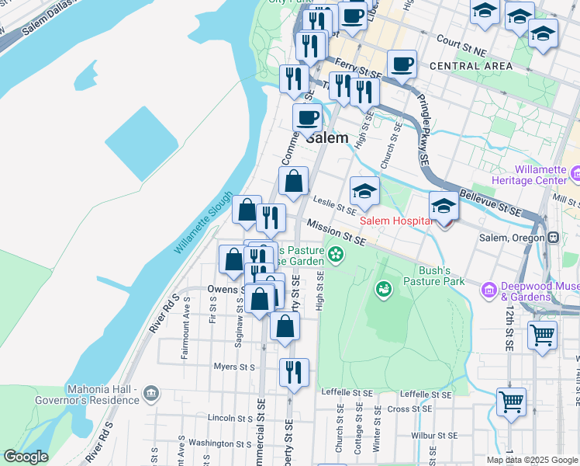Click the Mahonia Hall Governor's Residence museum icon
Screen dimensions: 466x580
[x=151, y=394]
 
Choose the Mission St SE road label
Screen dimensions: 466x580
[x=335, y=233]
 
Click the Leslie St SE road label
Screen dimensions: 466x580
[x=334, y=204]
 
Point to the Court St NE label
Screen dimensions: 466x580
[x=461, y=39]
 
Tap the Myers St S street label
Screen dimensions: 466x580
[x=235, y=367]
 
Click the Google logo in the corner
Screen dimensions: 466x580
[x=26, y=457]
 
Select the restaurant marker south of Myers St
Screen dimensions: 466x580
[x=294, y=372]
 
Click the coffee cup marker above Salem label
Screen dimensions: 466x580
[x=307, y=118]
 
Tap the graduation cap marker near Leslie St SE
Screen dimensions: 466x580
[x=364, y=190]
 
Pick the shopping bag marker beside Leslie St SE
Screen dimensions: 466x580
[x=294, y=183]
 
